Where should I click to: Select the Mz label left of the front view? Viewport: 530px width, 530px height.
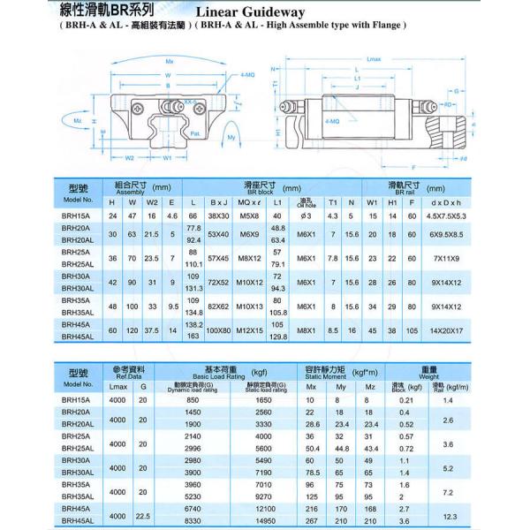click(78, 120)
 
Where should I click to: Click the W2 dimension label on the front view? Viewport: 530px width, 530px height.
click(130, 159)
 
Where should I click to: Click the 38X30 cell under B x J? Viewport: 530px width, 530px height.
click(218, 216)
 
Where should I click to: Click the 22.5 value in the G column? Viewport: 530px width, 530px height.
click(144, 515)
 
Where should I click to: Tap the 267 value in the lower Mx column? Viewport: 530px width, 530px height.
click(310, 521)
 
